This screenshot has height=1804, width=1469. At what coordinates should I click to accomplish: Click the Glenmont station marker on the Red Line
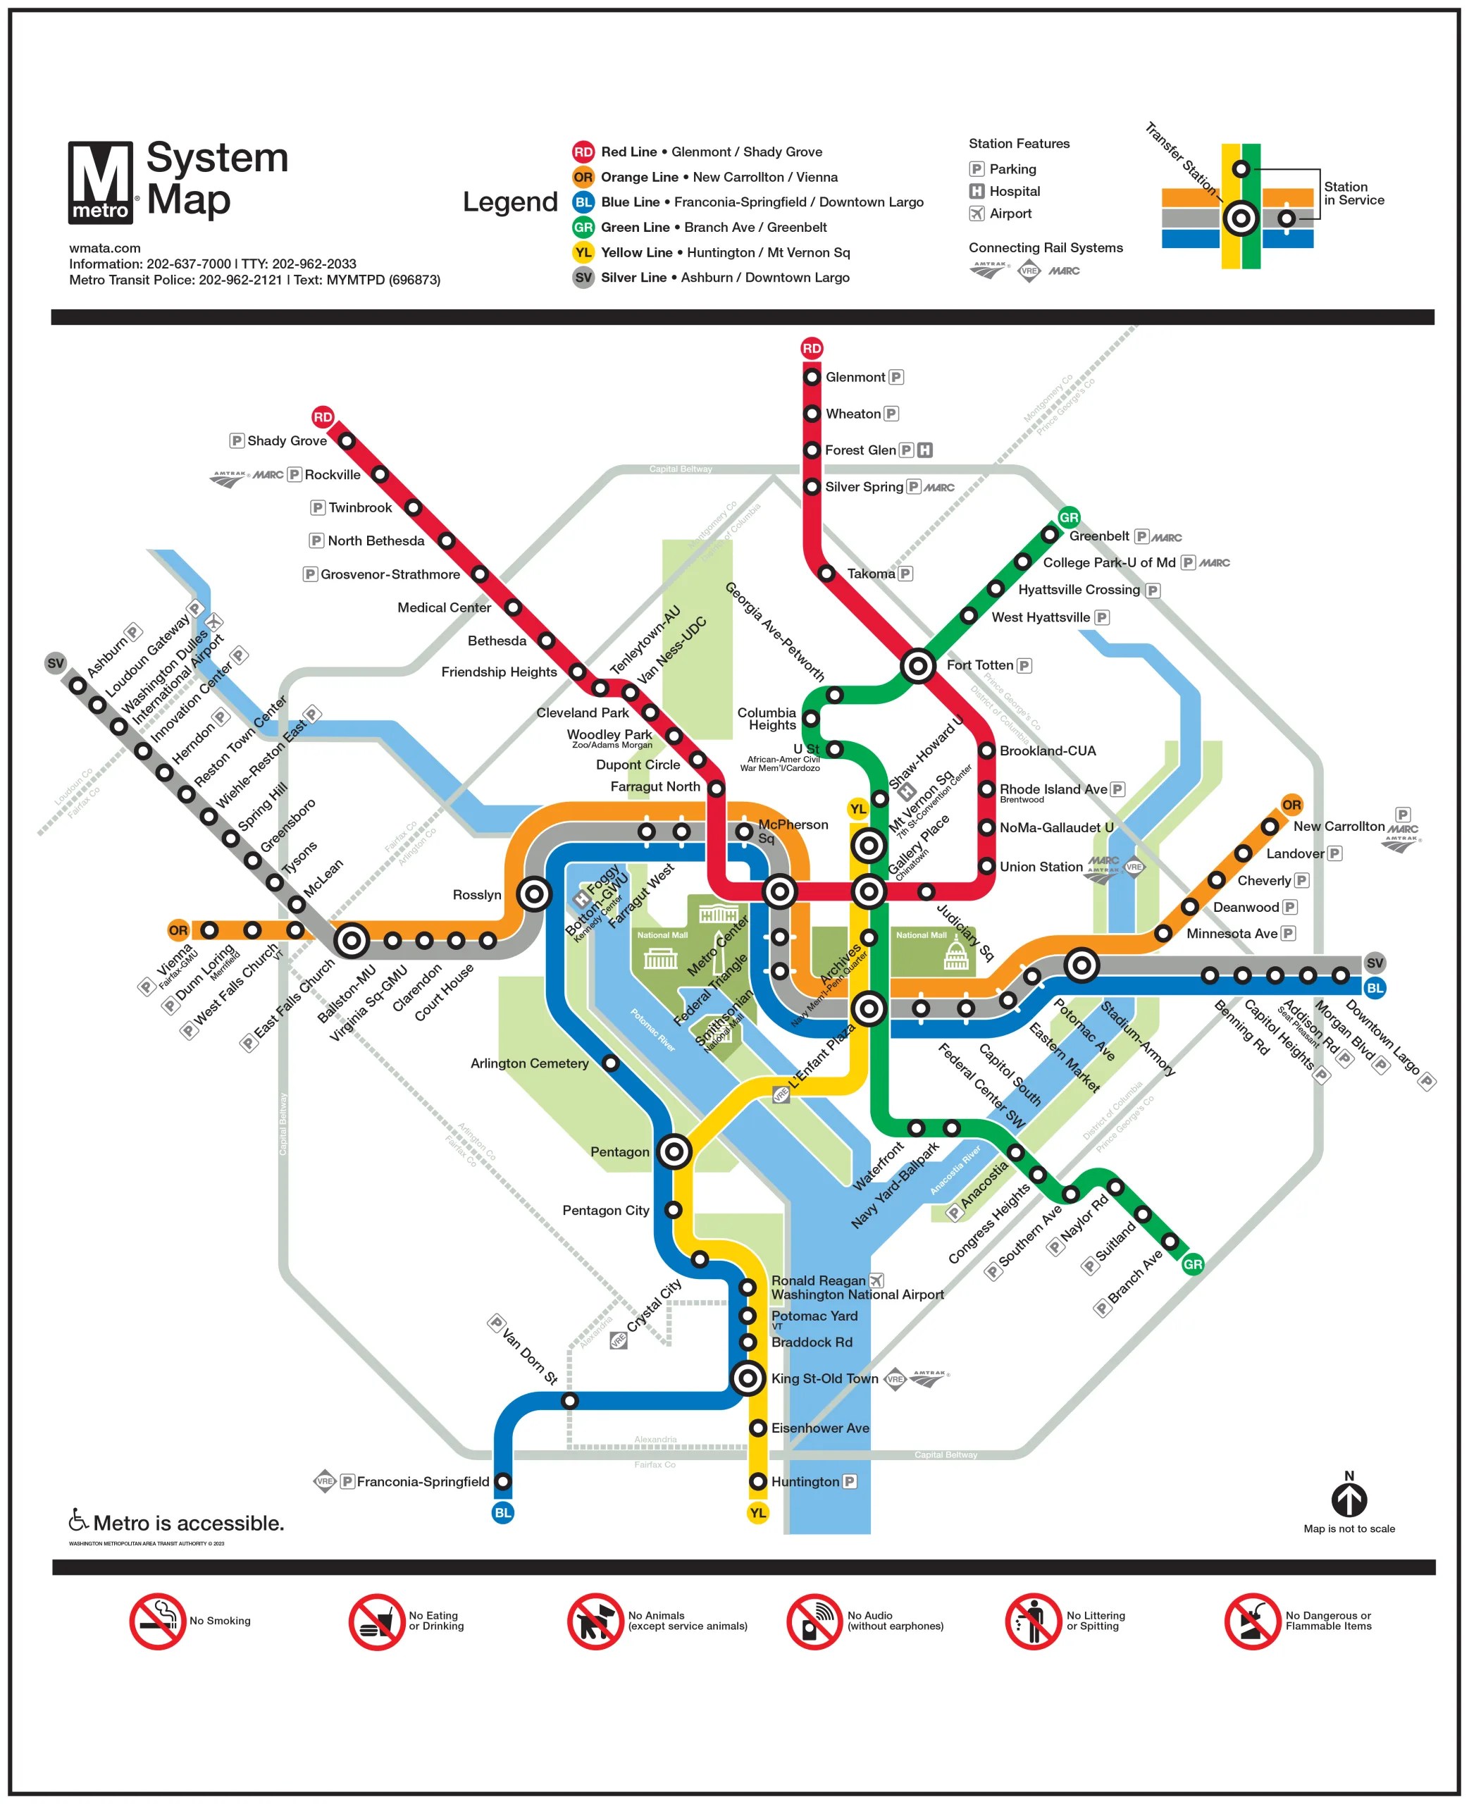(812, 376)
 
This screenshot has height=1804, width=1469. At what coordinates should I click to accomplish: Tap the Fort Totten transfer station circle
(917, 666)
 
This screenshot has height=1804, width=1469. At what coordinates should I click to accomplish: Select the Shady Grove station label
(287, 441)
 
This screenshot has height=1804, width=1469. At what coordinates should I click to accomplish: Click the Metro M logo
(101, 183)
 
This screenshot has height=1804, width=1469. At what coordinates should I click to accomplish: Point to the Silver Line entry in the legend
(711, 278)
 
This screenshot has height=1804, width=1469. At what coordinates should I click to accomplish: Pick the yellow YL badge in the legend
(583, 252)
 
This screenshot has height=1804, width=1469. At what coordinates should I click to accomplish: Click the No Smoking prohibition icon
(157, 1621)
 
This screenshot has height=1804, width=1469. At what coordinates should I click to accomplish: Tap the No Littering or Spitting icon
(1032, 1621)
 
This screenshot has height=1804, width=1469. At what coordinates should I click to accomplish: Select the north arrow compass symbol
(1349, 1500)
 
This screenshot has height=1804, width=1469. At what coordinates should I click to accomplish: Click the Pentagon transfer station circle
(674, 1151)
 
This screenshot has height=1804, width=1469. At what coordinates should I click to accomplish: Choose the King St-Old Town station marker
(748, 1378)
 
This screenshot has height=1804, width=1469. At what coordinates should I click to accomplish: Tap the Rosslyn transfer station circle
(534, 894)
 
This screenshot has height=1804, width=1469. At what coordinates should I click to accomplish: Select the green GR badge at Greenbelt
(1069, 517)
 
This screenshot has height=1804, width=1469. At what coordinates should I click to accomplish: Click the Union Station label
(1041, 867)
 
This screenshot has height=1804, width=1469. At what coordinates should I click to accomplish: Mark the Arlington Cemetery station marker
(611, 1063)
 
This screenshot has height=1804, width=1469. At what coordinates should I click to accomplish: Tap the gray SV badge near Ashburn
(56, 663)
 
